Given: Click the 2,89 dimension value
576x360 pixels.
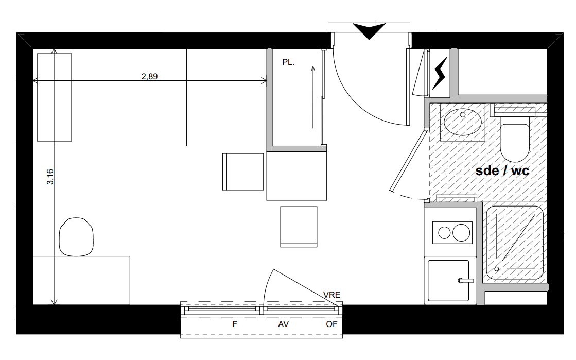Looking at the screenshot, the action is tap(149, 77).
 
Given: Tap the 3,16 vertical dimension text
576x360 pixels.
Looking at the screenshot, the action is tap(50, 177).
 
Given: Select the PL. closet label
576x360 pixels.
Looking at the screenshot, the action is tap(288, 62).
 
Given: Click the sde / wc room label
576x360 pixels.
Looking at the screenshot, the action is tap(502, 170).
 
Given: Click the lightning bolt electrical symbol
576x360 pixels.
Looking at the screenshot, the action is tap(440, 73).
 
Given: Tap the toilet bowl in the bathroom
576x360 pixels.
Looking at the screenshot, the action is tap(515, 143).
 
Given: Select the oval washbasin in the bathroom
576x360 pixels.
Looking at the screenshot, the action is tap(462, 122).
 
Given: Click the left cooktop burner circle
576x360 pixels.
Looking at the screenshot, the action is tap(445, 233).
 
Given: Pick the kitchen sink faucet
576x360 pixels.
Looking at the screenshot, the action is tap(465, 281).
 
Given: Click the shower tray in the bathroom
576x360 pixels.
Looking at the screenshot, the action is tap(514, 243).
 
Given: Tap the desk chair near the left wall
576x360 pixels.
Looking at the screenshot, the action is tap(76, 237).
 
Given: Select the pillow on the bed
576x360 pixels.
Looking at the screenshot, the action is tap(55, 97).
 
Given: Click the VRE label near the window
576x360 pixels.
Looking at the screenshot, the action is tap(331, 295).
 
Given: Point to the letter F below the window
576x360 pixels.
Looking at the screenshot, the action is tap(235, 324).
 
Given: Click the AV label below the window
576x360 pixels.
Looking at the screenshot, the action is tap(283, 324).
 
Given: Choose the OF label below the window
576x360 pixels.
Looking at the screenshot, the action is tap(331, 324).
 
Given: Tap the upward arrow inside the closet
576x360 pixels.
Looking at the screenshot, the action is tap(313, 97).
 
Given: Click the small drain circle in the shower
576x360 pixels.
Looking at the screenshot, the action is tap(497, 269).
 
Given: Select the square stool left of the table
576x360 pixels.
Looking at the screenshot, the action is tap(243, 172).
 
